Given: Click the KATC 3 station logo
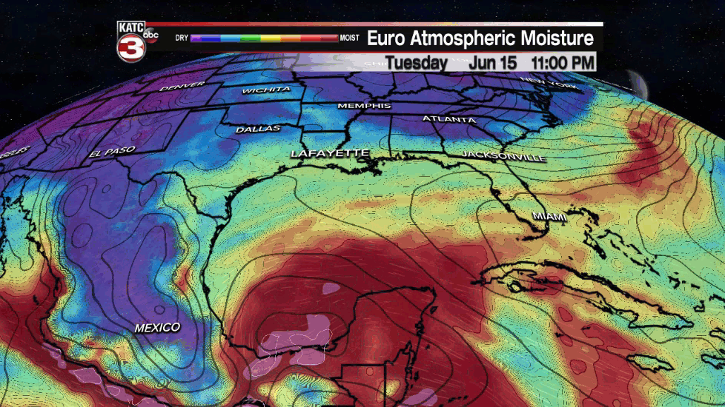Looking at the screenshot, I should click(130, 42).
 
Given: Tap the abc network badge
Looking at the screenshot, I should click(150, 34).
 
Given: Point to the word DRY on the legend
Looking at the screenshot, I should click(182, 37).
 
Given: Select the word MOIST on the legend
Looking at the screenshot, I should click(349, 37).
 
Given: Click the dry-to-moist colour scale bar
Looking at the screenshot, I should click(264, 37).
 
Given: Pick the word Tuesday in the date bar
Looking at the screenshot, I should click(417, 62).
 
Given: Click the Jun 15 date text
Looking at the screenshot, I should click(492, 62).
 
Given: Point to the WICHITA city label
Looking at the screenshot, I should click(266, 90).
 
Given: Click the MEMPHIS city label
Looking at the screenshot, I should click(364, 106).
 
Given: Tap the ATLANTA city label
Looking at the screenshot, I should click(449, 118).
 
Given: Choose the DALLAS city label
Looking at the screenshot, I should click(258, 129).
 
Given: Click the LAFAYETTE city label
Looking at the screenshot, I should click(330, 153).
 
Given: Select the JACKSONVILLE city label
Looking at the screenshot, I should click(503, 156).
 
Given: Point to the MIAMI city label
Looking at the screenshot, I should click(549, 216).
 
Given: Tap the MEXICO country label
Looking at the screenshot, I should click(157, 327).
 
